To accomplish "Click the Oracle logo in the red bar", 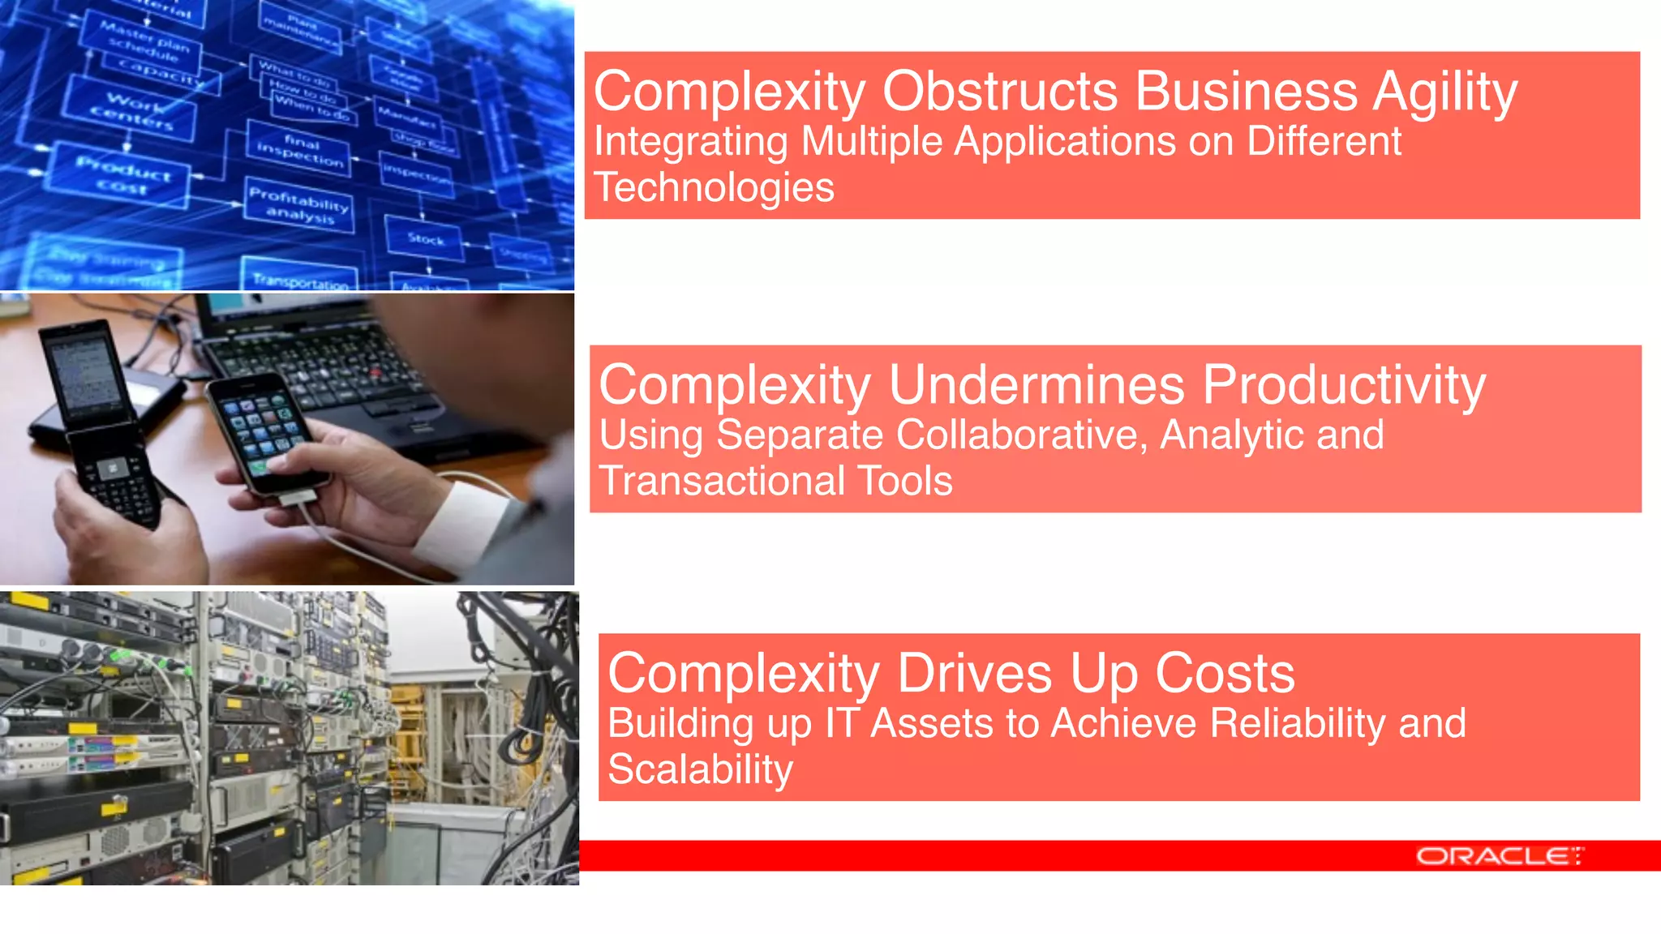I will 1499,856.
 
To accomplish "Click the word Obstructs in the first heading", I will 1000,91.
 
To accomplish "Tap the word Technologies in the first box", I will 714,188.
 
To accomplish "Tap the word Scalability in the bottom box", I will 700,769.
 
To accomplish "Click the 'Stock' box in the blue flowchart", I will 425,239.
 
